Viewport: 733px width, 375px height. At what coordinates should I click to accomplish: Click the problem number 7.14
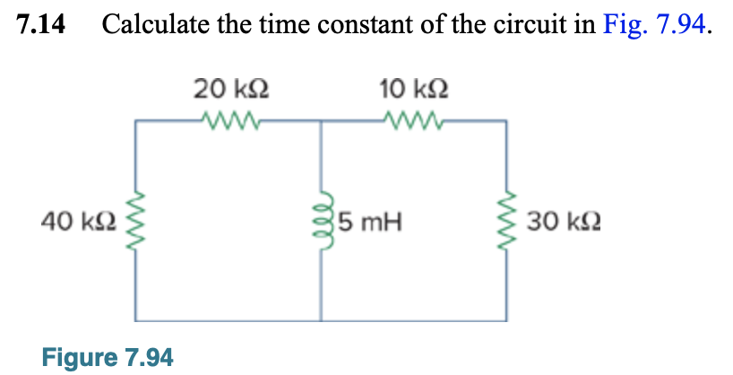[42, 26]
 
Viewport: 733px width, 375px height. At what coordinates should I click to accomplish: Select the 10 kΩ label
[413, 89]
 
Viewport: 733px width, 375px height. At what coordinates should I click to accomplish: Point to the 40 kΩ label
[78, 220]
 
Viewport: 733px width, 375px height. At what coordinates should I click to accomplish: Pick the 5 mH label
[369, 220]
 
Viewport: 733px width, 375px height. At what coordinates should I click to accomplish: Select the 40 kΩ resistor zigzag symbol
[137, 220]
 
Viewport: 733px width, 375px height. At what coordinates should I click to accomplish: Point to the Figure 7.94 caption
[108, 357]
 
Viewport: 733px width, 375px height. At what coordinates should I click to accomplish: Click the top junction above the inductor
[322, 120]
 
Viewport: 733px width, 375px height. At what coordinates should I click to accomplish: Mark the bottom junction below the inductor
[322, 319]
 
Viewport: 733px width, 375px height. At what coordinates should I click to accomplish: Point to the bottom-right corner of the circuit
[508, 319]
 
